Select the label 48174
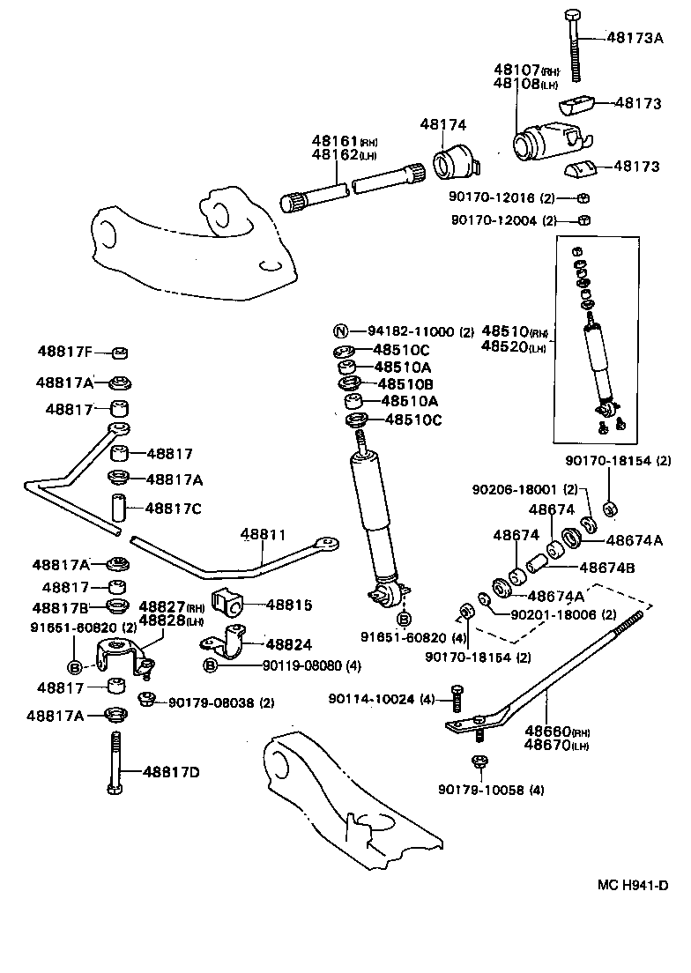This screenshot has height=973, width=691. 442,126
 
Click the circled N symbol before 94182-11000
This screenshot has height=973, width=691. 340,331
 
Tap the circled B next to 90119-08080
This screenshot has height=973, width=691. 211,665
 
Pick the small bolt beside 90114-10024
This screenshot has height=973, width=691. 457,700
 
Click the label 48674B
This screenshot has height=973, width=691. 606,568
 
